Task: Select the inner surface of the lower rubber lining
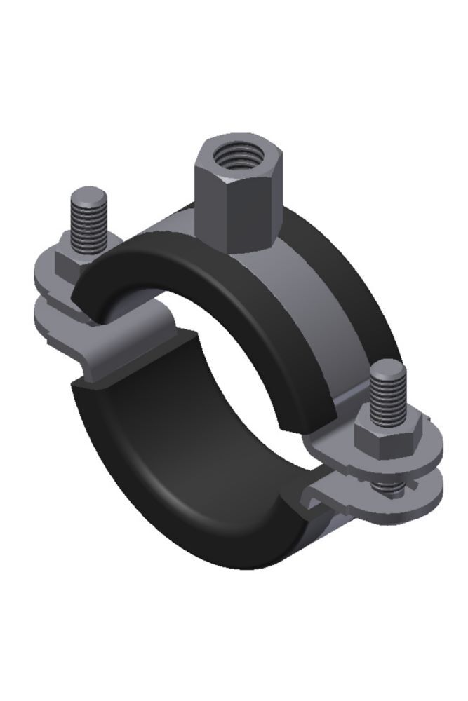point(168,449)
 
